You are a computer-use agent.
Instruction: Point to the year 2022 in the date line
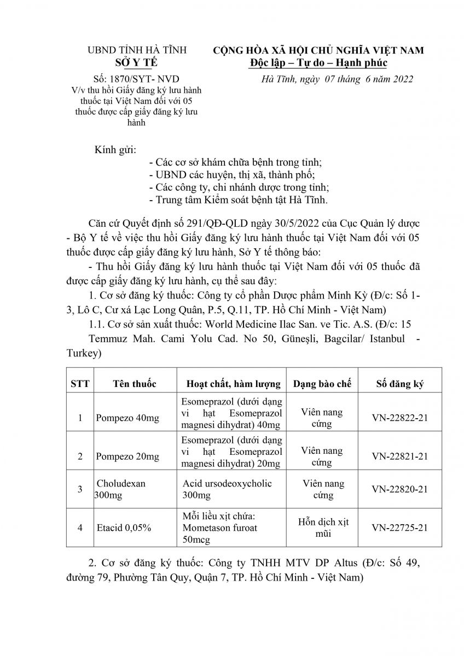coord(399,79)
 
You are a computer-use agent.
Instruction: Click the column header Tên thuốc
coord(135,384)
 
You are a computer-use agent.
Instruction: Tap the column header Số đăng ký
coord(399,384)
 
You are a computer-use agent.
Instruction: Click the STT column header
coord(80,384)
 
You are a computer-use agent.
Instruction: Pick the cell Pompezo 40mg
coord(127,418)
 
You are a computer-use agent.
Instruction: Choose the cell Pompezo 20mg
coord(127,456)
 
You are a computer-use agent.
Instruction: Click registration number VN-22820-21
coord(399,489)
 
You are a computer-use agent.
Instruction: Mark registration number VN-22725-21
coord(399,528)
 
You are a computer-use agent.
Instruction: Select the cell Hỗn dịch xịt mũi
coord(323,528)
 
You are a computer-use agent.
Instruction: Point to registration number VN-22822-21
coord(399,418)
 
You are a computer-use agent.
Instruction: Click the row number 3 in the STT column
coord(80,489)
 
